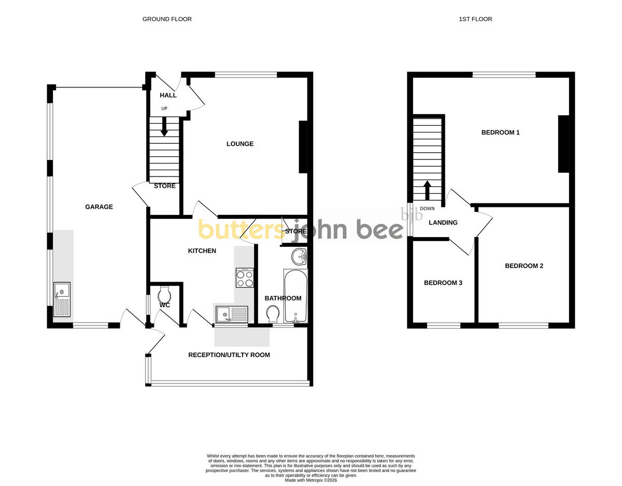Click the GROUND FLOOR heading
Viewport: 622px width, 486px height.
[167, 19]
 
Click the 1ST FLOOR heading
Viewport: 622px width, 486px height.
[475, 19]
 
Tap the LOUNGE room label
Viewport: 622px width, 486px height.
[240, 144]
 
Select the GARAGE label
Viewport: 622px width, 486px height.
[99, 207]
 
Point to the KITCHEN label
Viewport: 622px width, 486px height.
[202, 251]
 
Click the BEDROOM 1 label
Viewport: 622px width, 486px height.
[500, 132]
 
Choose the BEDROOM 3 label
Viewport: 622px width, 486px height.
[443, 283]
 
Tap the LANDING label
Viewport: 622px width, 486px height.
[443, 222]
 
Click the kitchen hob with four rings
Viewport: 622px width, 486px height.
[245, 277]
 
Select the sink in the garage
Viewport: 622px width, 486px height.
[62, 300]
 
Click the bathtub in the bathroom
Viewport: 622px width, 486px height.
[295, 296]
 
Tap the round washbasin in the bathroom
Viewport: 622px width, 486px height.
[299, 256]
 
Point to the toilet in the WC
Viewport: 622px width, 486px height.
[164, 294]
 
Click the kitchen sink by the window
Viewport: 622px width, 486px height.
[232, 315]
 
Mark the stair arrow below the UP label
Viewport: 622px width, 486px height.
[164, 127]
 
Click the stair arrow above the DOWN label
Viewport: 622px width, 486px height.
[427, 190]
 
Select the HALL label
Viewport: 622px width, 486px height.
[168, 95]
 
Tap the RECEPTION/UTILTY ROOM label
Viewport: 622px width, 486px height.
[229, 355]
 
